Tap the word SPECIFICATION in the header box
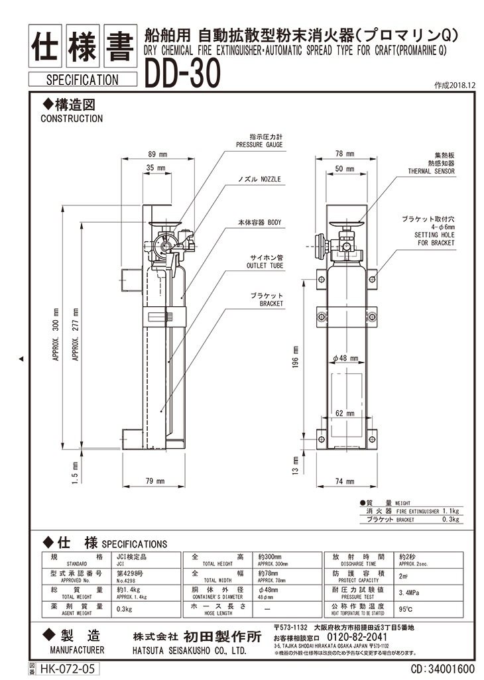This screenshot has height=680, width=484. click(x=83, y=80)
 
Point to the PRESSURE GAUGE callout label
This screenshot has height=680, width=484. click(x=259, y=144)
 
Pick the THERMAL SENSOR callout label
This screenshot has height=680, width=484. click(x=432, y=171)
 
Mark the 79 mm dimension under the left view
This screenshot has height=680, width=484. click(x=155, y=481)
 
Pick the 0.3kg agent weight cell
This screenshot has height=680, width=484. click(x=124, y=608)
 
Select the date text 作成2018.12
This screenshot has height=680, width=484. click(x=455, y=85)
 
